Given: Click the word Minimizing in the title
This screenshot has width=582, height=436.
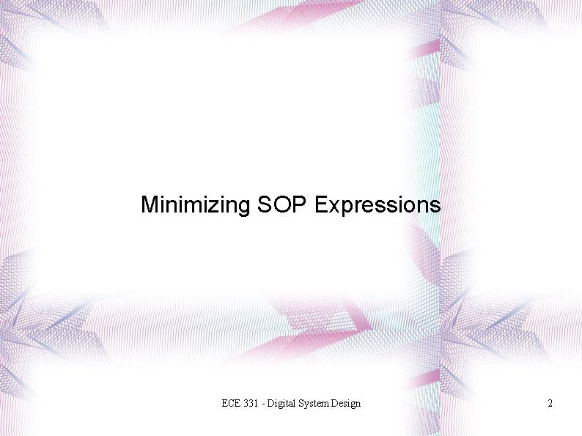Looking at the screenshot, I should coord(196,204).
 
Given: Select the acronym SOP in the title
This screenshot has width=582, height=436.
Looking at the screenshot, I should coord(283,204).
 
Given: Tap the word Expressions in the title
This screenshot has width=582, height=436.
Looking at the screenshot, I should coord(377,204).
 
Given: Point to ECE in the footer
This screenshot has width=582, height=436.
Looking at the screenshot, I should coord(231,404).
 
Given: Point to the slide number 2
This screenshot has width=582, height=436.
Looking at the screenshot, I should coord(550,404).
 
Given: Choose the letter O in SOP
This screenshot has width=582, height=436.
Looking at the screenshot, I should coord(282,204).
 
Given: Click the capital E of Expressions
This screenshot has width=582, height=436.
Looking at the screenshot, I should coord(320,204).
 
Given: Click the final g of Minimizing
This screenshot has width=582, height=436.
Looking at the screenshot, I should coord(245,207).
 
